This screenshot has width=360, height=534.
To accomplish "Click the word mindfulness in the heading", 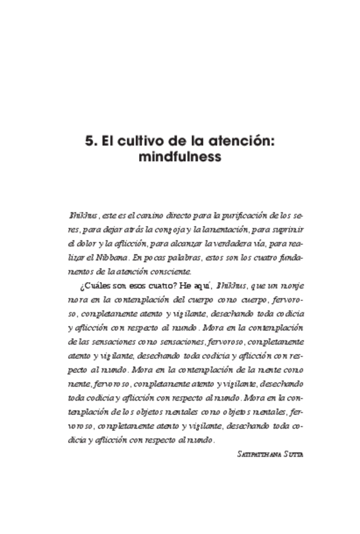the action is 183,157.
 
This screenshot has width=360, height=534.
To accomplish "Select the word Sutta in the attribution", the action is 295,453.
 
